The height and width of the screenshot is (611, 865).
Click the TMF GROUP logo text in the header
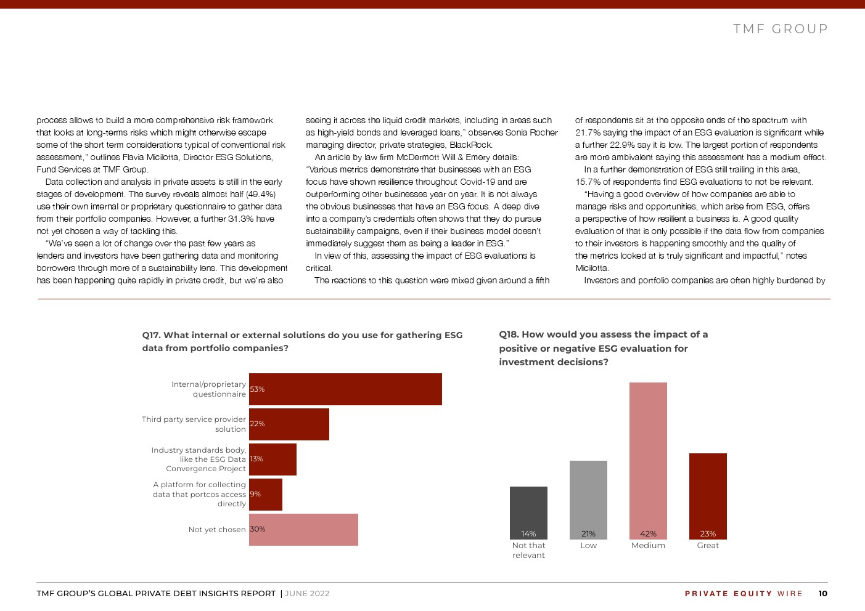click(x=781, y=29)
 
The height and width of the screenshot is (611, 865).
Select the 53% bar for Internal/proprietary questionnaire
click(x=345, y=389)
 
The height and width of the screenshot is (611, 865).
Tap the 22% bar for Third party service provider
click(x=289, y=424)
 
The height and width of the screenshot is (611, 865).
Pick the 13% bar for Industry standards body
click(x=273, y=459)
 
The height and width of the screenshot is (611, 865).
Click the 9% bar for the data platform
click(x=266, y=495)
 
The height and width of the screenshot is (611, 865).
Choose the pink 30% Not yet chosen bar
click(x=303, y=530)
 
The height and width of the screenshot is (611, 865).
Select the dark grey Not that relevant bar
click(x=528, y=513)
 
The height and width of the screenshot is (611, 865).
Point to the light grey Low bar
click(x=588, y=500)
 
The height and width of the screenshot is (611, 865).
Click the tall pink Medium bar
click(x=648, y=461)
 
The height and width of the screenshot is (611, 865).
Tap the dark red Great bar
click(x=708, y=496)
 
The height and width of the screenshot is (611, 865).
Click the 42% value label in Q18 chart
click(x=648, y=534)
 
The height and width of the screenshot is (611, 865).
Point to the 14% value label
click(x=528, y=534)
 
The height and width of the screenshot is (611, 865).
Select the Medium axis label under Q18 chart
click(x=648, y=546)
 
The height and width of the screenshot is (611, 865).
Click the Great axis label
click(x=708, y=546)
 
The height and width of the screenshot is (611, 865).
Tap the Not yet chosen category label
click(x=217, y=530)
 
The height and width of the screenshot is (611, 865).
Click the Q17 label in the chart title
click(x=151, y=335)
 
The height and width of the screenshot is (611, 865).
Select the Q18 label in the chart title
click(x=508, y=334)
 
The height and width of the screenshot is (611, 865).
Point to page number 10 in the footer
click(x=823, y=594)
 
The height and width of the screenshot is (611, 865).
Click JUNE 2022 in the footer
click(x=307, y=594)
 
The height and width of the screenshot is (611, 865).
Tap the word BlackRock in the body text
click(x=471, y=145)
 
